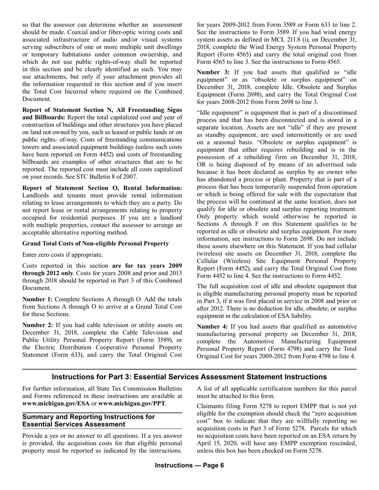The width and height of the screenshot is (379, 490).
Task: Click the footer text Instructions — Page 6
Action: pyautogui.click(x=189, y=466)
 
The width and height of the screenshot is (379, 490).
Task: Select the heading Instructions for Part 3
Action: pyautogui.click(x=189, y=377)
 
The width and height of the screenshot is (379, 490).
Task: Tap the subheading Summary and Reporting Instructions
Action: pyautogui.click(x=89, y=420)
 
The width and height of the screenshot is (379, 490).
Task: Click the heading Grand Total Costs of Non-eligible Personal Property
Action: pyautogui.click(x=95, y=243)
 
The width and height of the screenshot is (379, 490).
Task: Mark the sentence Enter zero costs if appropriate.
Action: pyautogui.click(x=63, y=255)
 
